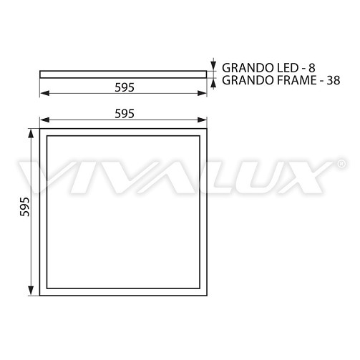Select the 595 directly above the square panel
tap(124, 114)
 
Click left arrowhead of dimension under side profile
tap(44, 94)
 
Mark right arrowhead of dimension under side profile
tap(204, 94)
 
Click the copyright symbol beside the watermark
tap(337, 164)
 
